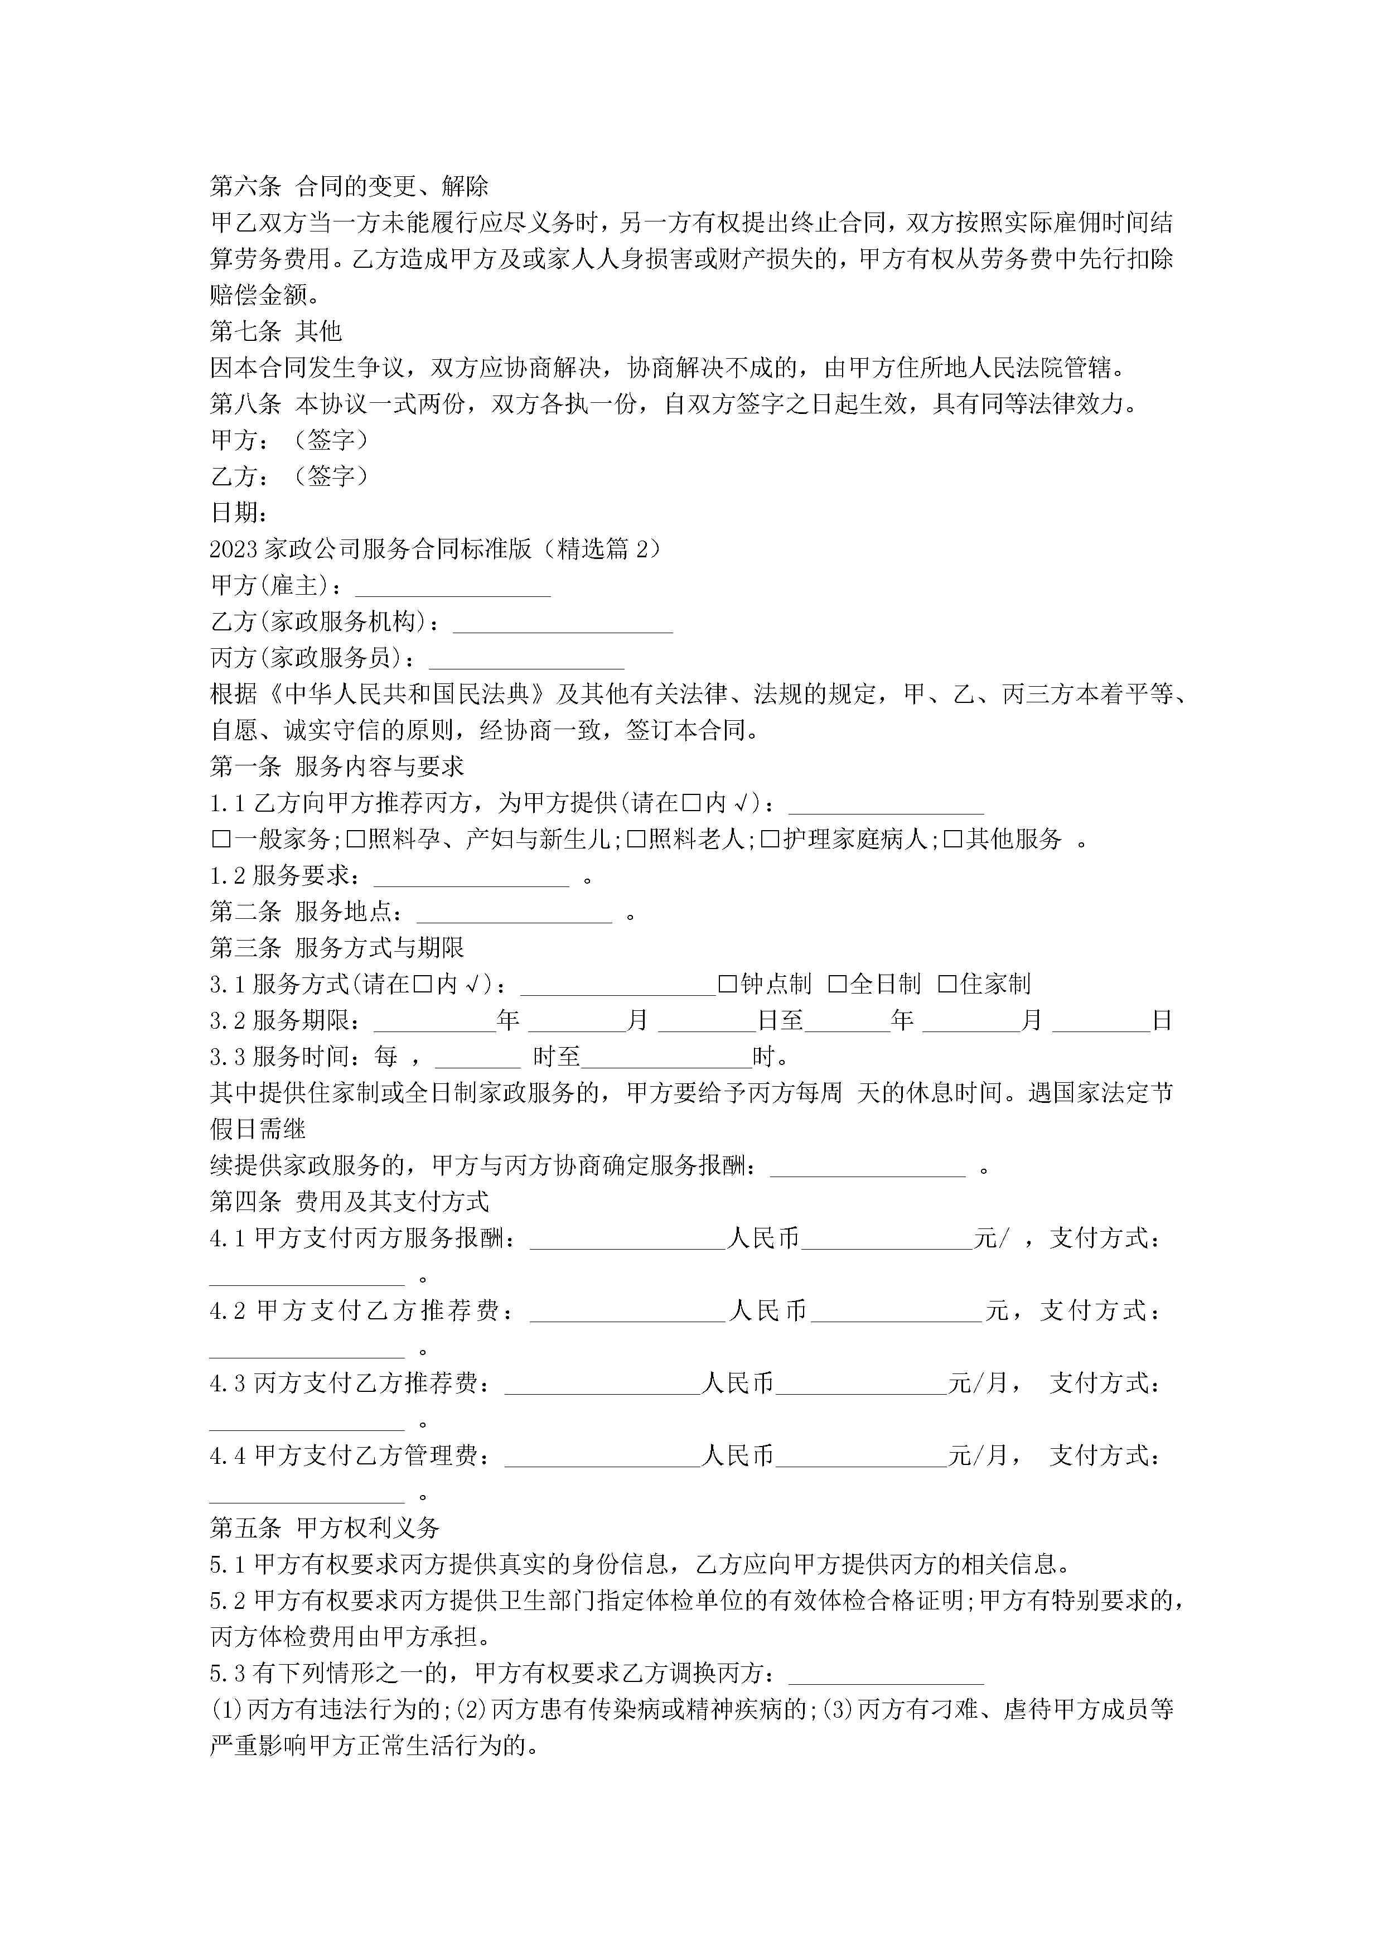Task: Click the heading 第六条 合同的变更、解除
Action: coord(349,186)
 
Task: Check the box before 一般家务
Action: coord(221,840)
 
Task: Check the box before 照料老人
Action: coord(636,840)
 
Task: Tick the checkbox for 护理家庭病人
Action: coord(770,840)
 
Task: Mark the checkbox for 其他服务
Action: coord(952,840)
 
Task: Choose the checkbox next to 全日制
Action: coord(838,985)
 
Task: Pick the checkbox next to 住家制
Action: coord(947,985)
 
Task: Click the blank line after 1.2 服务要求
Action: coord(471,876)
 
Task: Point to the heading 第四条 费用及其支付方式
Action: coord(349,1202)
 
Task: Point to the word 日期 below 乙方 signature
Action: coord(239,512)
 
